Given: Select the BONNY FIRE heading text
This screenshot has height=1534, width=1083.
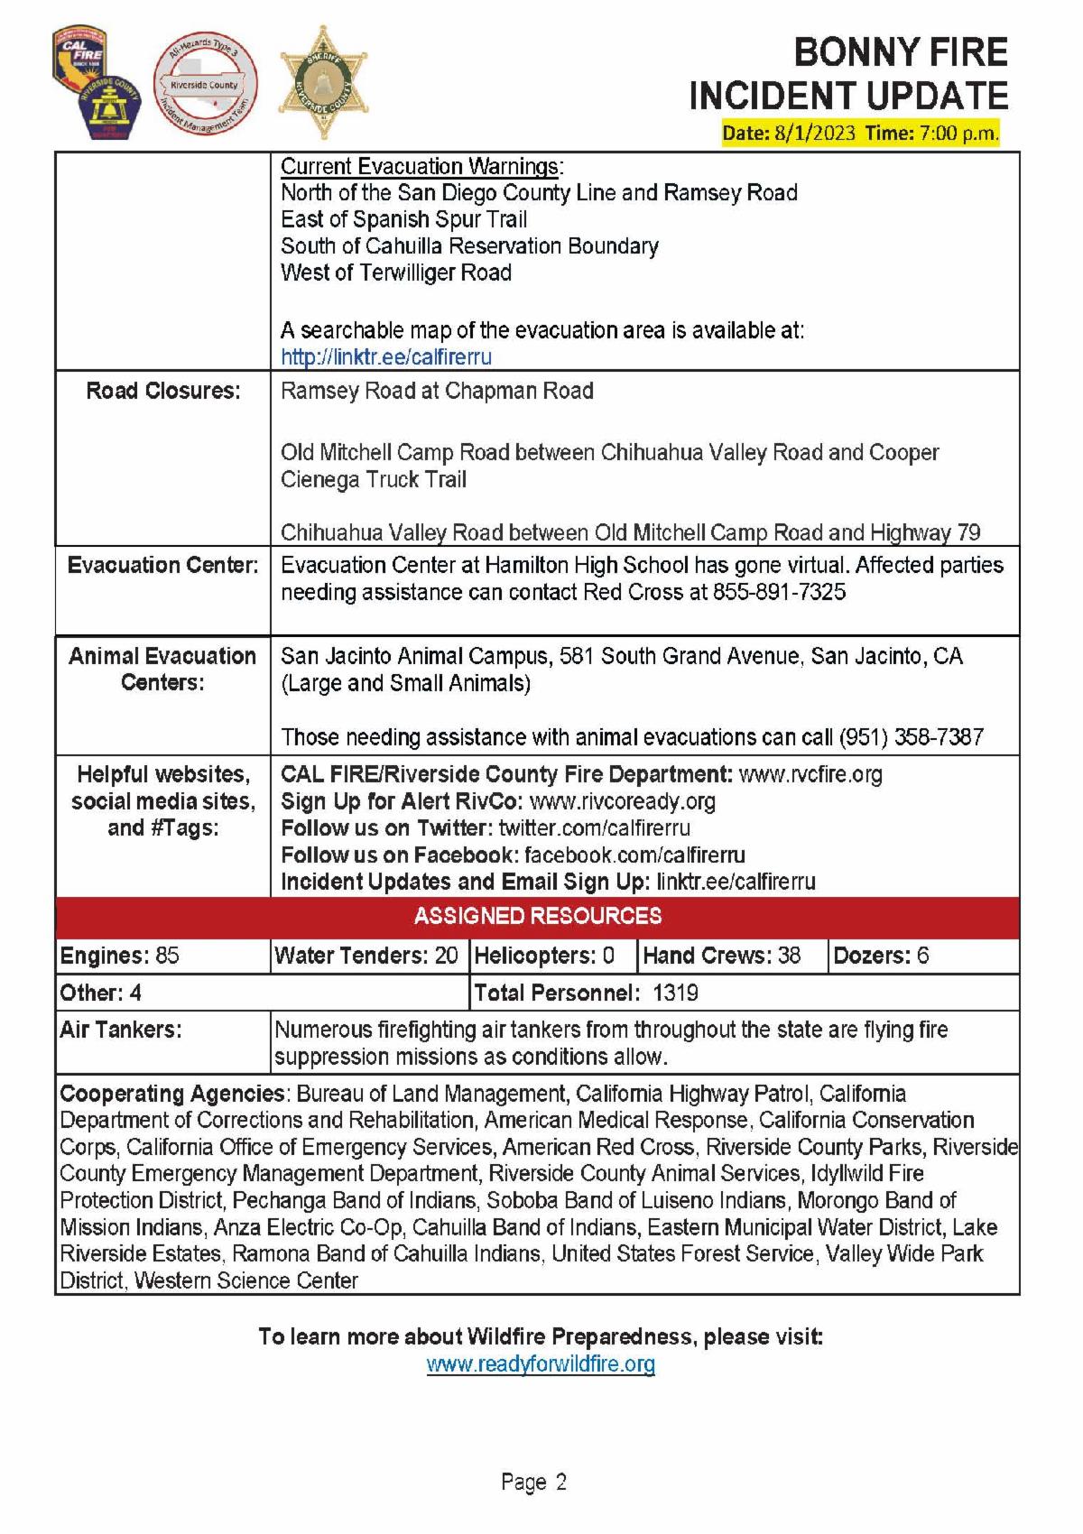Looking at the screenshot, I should click(x=900, y=53).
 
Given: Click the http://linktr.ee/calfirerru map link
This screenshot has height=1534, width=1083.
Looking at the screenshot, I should click(x=386, y=356).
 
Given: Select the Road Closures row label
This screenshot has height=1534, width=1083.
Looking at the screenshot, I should click(x=163, y=391).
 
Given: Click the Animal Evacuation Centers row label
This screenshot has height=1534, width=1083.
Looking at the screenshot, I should click(x=163, y=669).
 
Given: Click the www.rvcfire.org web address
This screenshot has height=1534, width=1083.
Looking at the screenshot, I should click(x=810, y=774).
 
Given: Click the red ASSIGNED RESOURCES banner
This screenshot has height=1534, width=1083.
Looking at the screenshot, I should click(x=538, y=916).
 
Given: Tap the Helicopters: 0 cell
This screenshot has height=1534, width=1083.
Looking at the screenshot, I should click(x=544, y=956).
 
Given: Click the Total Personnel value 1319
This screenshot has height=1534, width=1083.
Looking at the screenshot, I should click(x=675, y=993).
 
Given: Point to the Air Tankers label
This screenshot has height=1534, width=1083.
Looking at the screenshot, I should click(x=121, y=1030).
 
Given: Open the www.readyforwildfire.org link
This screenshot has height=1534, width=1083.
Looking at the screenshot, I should click(x=541, y=1363).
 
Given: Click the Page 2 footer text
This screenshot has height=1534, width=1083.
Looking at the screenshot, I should click(x=533, y=1482).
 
